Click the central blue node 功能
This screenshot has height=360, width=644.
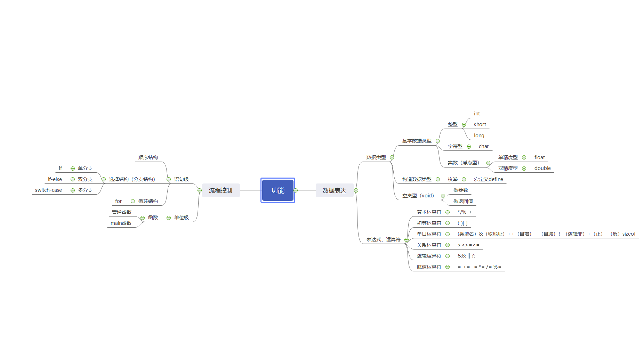point(277,190)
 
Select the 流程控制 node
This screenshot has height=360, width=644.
point(220,190)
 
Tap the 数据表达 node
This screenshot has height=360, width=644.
point(334,190)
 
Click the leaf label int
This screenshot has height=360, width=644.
point(477,114)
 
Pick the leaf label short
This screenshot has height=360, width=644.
point(480,124)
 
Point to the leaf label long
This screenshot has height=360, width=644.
point(479,136)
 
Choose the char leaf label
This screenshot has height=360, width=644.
point(483,146)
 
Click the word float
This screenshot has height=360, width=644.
point(539,157)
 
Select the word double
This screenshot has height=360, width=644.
point(542,168)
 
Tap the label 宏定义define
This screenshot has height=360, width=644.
point(488,179)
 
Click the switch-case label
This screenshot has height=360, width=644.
point(48,190)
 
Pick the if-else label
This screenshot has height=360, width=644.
point(55,179)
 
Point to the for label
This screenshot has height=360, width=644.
point(118,201)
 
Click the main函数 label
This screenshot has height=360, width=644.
point(121,223)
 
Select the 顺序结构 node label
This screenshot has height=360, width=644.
point(148,157)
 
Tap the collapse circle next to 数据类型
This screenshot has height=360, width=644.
point(392,157)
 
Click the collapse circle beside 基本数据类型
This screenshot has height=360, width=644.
point(438,141)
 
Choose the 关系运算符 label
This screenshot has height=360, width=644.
point(429,245)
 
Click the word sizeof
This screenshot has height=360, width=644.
point(629,234)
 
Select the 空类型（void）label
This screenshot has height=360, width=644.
point(418,196)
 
